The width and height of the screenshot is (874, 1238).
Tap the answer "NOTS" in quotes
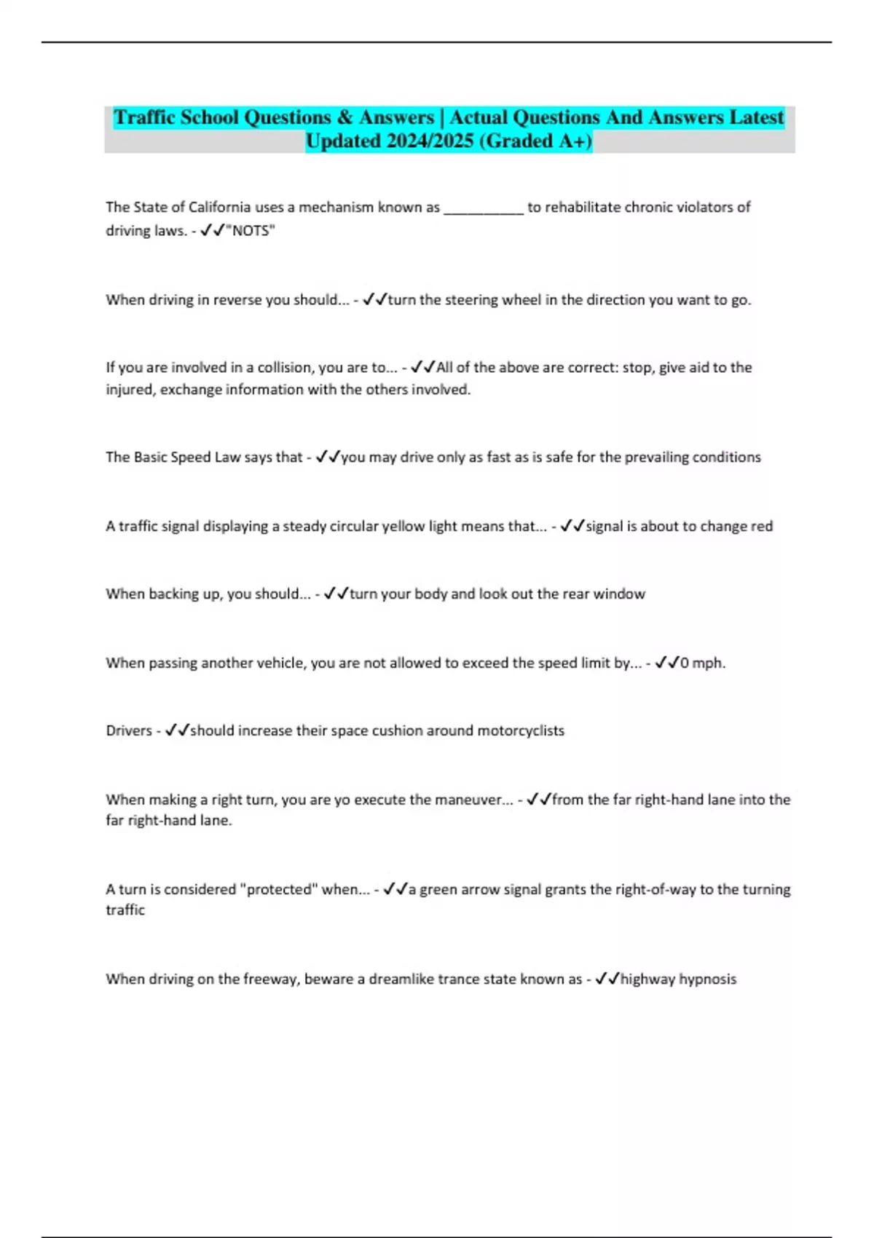251,231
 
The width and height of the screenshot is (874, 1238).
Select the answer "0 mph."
702,663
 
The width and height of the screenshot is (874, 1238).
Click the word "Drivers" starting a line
129,731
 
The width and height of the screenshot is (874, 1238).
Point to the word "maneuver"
469,800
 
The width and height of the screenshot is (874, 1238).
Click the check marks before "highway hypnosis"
607,979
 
